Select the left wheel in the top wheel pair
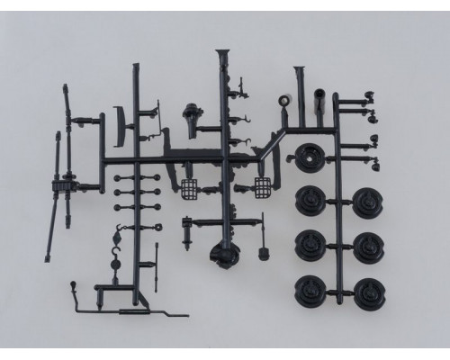click(x=310, y=201)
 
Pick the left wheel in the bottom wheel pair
click(x=310, y=290)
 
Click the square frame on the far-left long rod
click(x=63, y=187)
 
